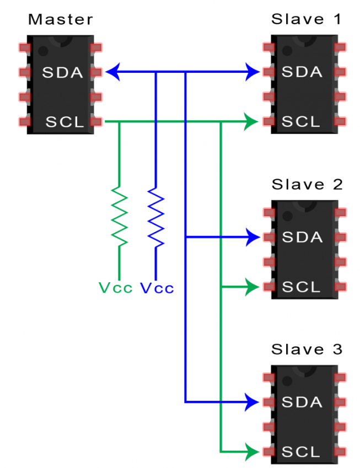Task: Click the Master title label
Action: pos(61,20)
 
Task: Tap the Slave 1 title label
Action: pos(306,20)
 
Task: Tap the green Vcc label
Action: pos(116,288)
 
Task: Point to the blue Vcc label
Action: pos(157,288)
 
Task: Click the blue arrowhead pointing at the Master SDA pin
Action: pos(112,72)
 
